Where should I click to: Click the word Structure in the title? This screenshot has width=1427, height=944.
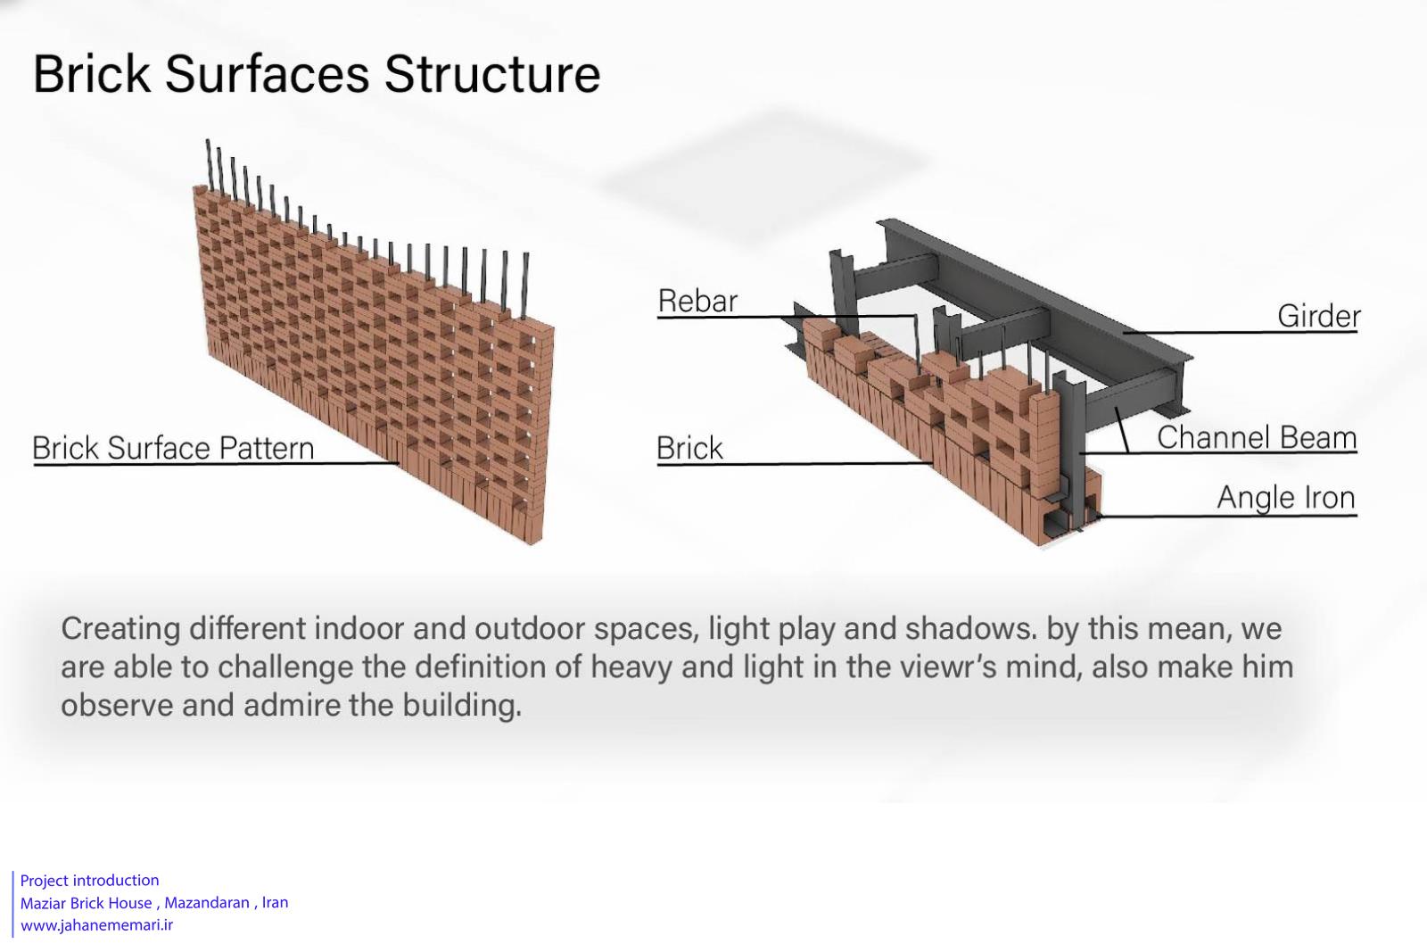coord(491,74)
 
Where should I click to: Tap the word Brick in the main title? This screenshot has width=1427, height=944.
coord(92,74)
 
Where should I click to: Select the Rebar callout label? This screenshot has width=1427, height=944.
coord(697,301)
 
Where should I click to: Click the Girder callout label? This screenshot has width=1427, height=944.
coord(1319,316)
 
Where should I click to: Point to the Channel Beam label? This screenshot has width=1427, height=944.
coord(1257,438)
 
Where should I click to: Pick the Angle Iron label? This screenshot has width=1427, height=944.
coord(1285,498)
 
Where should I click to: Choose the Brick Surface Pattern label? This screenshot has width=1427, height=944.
coord(173,448)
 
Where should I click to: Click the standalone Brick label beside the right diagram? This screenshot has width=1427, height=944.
coord(689,448)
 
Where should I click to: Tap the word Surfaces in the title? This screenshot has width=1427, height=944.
coord(267,74)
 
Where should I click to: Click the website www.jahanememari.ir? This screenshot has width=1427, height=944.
coord(97,925)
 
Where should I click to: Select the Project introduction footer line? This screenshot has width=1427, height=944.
coord(90,881)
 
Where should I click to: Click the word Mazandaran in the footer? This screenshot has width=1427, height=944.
coord(207,903)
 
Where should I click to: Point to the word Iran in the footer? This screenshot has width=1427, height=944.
coord(276,903)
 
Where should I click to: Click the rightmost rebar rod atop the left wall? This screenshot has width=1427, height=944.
coord(525,286)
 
